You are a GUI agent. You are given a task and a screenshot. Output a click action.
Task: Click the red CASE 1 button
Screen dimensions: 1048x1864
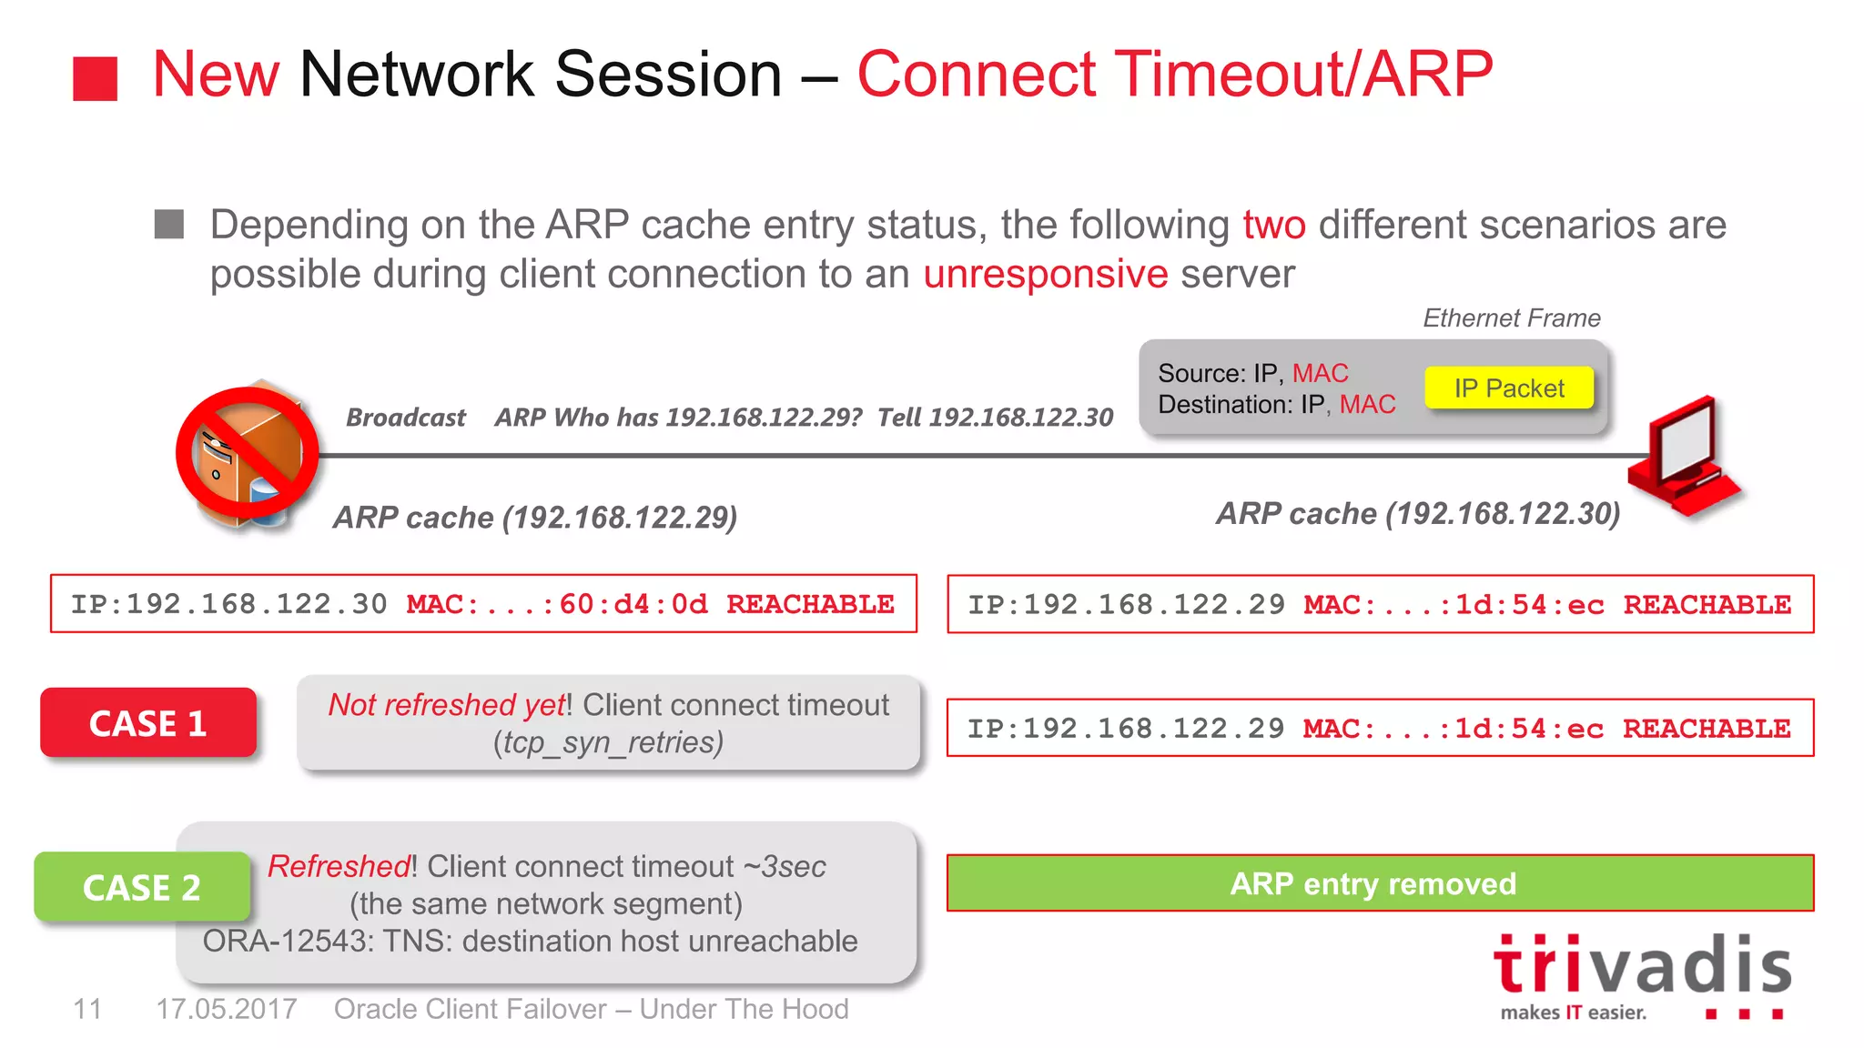148,723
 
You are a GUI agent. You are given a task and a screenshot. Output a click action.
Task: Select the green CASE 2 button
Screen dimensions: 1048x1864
142,887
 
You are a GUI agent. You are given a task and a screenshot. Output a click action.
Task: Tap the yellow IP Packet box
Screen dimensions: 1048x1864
1509,388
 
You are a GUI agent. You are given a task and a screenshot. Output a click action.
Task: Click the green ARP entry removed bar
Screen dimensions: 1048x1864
1380,883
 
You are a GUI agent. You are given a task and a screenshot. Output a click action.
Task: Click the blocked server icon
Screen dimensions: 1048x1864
247,454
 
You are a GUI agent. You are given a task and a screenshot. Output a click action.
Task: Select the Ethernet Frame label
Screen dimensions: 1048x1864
1511,318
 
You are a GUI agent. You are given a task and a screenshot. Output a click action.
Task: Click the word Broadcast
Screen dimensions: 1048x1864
406,418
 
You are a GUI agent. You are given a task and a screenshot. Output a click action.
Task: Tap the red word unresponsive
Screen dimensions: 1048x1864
1045,274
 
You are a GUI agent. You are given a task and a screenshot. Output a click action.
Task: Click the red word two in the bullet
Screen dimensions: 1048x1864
1274,225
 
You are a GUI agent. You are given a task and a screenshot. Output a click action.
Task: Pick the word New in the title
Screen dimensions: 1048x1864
216,74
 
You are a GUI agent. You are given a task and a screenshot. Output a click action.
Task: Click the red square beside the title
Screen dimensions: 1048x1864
96,79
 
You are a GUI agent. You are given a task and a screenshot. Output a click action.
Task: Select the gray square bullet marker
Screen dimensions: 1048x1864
169,224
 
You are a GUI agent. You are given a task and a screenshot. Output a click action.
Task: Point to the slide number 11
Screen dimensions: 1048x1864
87,1009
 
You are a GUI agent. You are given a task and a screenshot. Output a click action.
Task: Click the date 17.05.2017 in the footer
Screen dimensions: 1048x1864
227,1009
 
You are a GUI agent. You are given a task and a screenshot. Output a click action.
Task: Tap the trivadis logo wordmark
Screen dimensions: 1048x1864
1642,966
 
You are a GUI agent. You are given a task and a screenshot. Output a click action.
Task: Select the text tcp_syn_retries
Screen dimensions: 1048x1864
608,742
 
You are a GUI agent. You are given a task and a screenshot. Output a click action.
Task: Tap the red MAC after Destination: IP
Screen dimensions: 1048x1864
1367,405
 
